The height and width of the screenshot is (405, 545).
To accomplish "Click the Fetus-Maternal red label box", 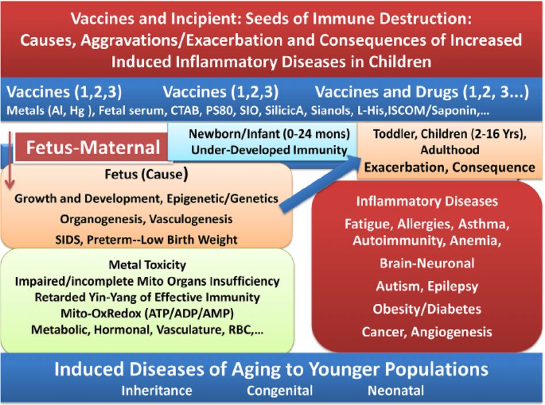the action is (91, 147).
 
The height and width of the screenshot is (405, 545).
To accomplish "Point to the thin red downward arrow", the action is (9, 160).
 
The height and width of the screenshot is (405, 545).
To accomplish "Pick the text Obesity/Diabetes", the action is (427, 309).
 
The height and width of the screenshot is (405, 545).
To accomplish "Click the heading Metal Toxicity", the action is (147, 265).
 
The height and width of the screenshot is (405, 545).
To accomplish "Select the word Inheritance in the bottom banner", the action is (157, 391).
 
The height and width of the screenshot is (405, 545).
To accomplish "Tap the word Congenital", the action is (280, 391).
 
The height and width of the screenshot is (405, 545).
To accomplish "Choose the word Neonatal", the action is (396, 391).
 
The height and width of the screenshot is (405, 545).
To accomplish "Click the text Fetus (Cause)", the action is (146, 174).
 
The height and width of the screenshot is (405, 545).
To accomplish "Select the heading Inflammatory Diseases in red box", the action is (427, 201).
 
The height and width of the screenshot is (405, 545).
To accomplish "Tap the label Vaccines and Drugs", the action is (386, 92).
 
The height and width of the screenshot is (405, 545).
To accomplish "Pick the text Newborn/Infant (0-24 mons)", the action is (270, 134).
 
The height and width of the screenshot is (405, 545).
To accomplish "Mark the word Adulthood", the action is (450, 150).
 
